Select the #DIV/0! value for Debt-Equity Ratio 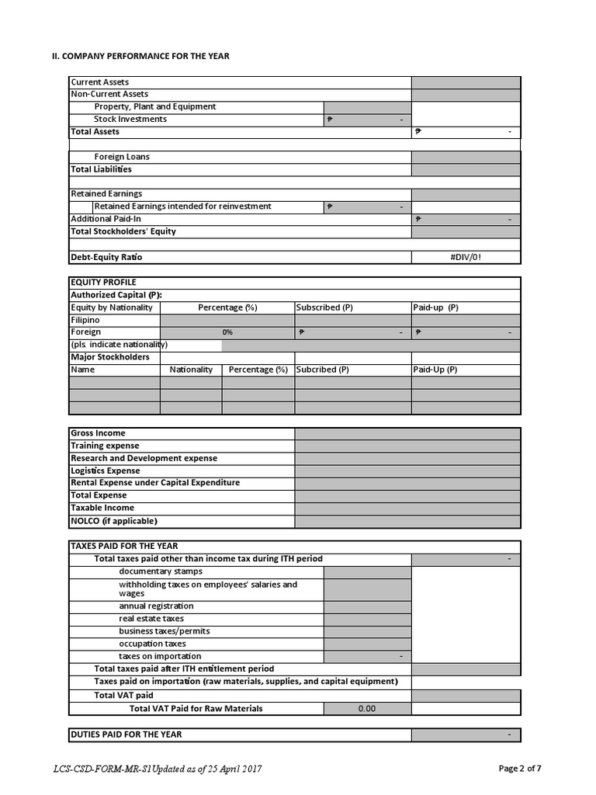(x=466, y=257)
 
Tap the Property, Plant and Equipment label (x=155, y=107)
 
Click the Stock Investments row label (x=130, y=120)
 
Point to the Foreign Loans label (x=122, y=157)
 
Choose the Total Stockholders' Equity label (x=123, y=231)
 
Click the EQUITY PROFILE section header (x=103, y=283)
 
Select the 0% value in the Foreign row (x=227, y=332)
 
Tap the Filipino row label (x=85, y=320)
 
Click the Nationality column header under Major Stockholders (x=191, y=370)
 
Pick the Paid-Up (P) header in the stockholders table (x=435, y=370)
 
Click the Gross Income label (x=98, y=433)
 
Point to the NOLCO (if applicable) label (x=113, y=521)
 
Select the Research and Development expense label (x=144, y=458)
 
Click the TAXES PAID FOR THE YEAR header (x=124, y=547)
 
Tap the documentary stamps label (x=161, y=571)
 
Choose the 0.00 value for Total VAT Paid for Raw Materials (x=366, y=708)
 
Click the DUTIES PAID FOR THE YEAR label (x=126, y=734)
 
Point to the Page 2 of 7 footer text (x=520, y=769)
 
